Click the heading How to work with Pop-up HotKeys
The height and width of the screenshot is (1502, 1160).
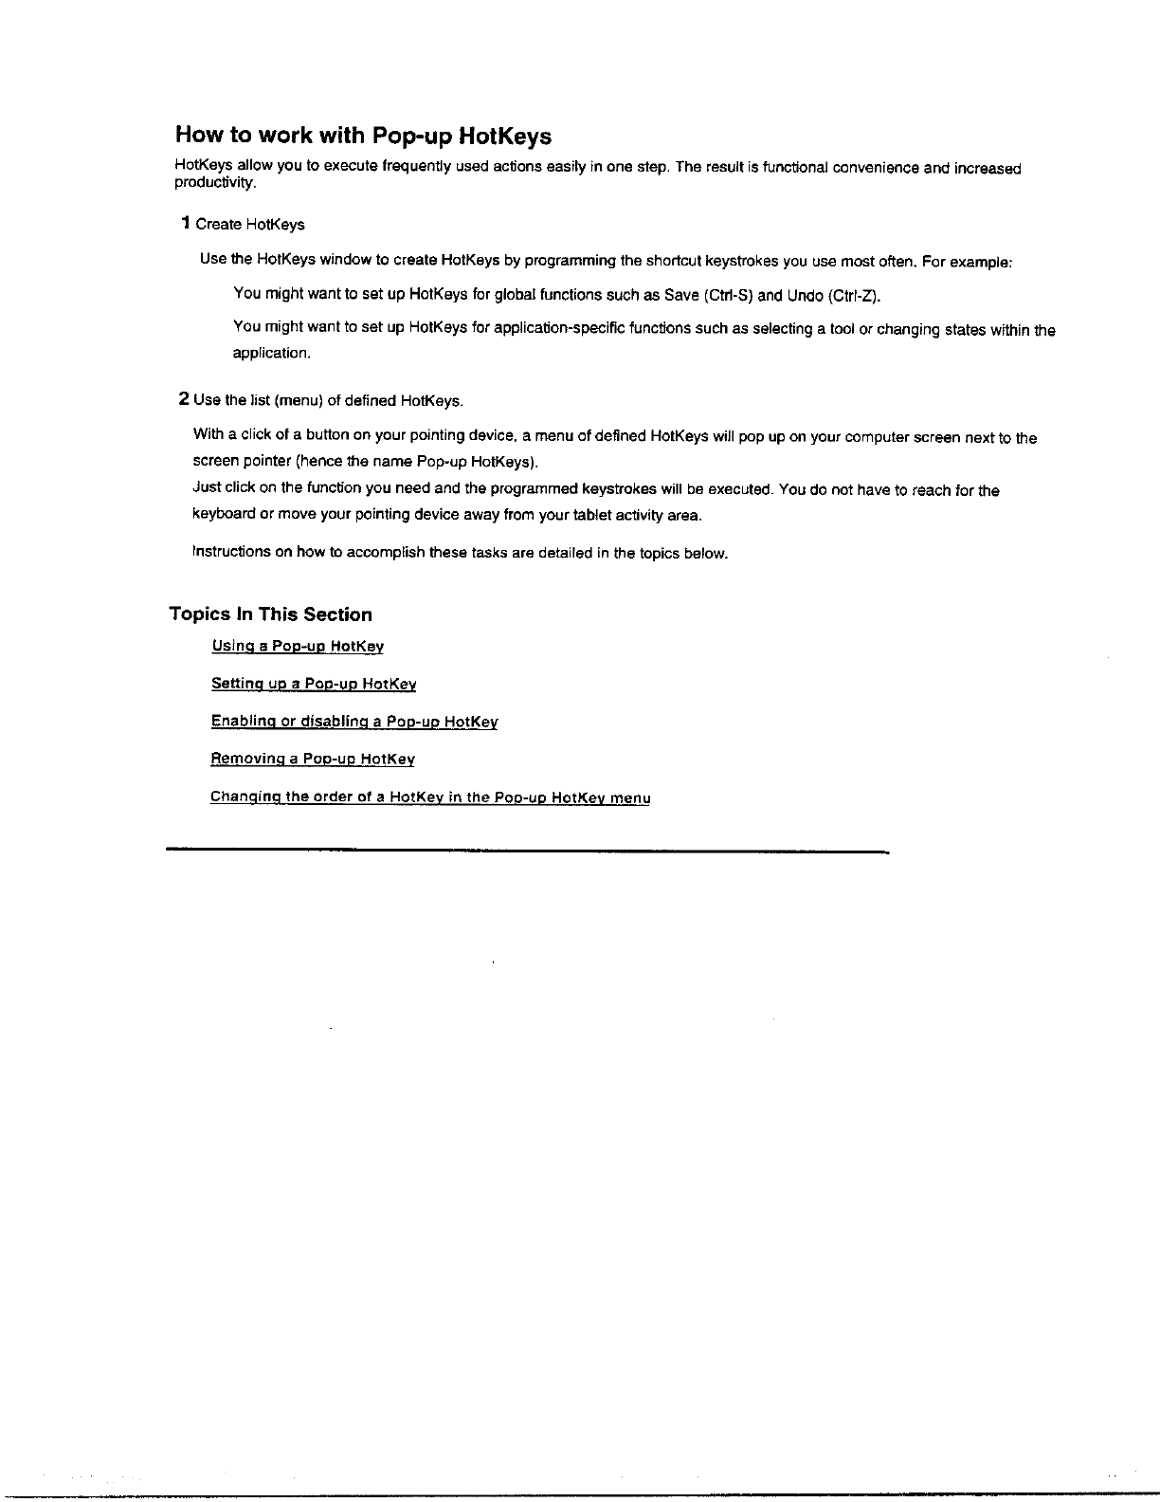[363, 137]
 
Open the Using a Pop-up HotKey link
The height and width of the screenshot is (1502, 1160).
[298, 647]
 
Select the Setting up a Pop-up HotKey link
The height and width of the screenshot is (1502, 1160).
[314, 684]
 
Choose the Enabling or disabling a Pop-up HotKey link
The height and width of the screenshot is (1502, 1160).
[354, 722]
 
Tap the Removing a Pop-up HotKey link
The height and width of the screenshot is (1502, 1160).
[313, 760]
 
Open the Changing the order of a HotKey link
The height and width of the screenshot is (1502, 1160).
[430, 797]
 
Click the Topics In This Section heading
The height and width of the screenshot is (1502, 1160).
[270, 614]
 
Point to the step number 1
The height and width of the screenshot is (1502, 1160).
[187, 224]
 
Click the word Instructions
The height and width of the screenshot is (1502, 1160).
[231, 552]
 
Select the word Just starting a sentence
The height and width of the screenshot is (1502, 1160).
[207, 488]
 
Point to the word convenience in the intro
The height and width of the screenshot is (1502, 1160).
[874, 169]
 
